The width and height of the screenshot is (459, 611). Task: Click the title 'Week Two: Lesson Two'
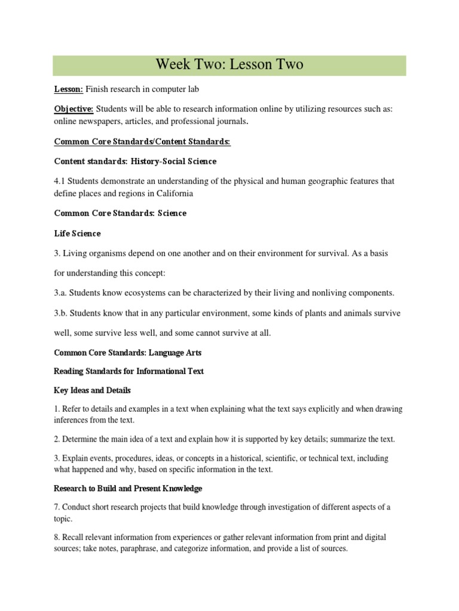pos(229,65)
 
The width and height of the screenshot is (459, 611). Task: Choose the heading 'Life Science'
pos(77,233)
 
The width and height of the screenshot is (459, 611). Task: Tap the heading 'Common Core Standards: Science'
pos(120,213)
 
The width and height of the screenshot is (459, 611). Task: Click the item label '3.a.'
pos(62,293)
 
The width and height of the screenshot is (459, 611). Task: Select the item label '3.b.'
pos(62,313)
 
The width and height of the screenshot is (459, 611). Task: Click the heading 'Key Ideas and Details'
pos(92,390)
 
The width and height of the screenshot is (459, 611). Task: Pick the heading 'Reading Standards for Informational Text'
pos(128,371)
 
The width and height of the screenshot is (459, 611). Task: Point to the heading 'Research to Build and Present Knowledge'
pos(128,488)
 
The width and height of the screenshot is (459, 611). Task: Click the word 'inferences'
pos(72,420)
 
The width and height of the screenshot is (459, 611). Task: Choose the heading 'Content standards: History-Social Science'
pos(135,162)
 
